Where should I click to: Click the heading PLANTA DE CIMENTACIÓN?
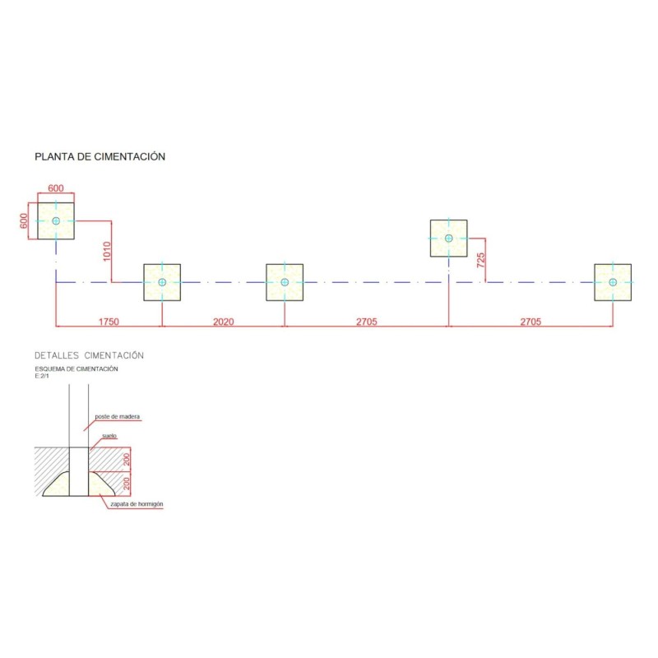tap(100, 156)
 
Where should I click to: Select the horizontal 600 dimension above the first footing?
tap(56, 188)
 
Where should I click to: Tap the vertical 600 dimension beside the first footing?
tap(24, 221)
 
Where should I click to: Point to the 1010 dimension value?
tap(107, 252)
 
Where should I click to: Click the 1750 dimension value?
tap(109, 322)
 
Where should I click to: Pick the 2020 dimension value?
tap(223, 322)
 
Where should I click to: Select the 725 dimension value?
tap(481, 260)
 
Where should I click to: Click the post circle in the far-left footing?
tap(56, 221)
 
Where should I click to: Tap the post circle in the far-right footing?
tap(613, 282)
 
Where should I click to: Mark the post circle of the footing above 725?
tap(448, 239)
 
